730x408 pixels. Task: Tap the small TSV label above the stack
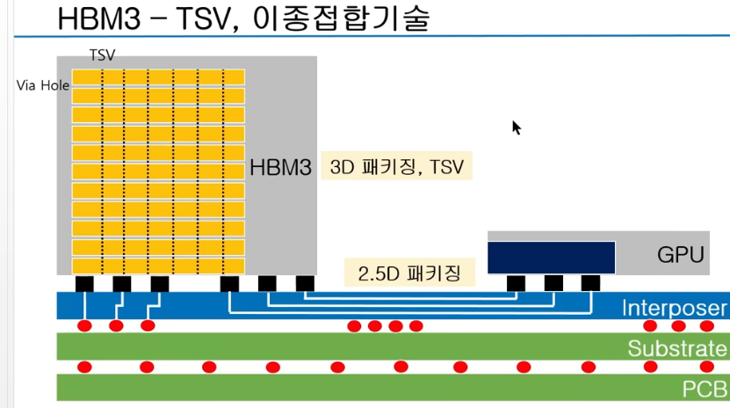point(102,55)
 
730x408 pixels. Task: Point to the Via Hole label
point(43,85)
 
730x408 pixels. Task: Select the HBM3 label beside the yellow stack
point(280,166)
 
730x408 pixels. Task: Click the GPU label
point(681,255)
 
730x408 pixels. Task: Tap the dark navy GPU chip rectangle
point(551,256)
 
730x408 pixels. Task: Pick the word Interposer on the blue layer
point(674,308)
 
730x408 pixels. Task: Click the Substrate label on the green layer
point(677,348)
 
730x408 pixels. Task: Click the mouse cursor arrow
point(516,127)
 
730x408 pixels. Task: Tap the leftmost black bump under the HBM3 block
point(84,283)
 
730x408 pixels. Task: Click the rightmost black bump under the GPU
point(590,283)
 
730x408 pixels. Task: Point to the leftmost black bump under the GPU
point(517,283)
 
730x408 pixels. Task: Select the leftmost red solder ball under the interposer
point(85,326)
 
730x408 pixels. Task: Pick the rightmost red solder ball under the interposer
point(707,326)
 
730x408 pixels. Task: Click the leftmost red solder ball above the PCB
point(85,367)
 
